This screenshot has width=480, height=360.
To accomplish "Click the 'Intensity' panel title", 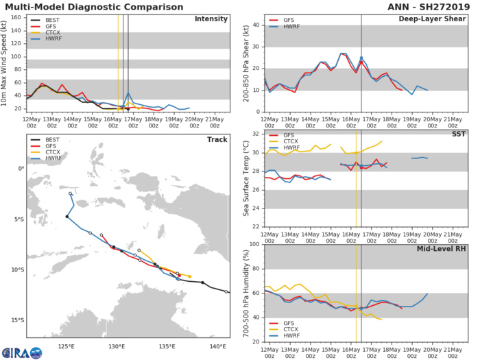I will pyautogui.click(x=211, y=19).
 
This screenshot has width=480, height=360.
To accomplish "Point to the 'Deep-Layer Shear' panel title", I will pyautogui.click(x=428, y=19).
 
